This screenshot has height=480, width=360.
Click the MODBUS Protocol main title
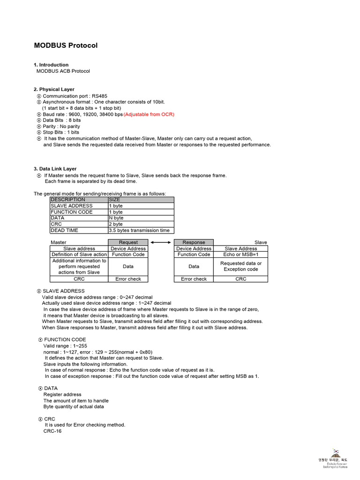(66, 45)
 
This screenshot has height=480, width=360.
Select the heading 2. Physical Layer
(54, 89)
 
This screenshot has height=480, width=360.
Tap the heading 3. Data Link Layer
(55, 169)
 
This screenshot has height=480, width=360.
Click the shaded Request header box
(128, 242)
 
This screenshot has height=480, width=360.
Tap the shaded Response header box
(194, 242)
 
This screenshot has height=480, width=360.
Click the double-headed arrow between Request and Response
(161, 242)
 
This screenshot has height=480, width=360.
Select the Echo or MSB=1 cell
(240, 255)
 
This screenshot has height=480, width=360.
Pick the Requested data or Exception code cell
(240, 266)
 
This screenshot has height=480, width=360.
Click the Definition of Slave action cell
(79, 255)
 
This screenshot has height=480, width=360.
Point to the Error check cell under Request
(128, 279)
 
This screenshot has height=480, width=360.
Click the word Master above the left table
(59, 242)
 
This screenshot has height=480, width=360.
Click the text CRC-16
(52, 431)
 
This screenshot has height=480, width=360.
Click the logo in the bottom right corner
(335, 457)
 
